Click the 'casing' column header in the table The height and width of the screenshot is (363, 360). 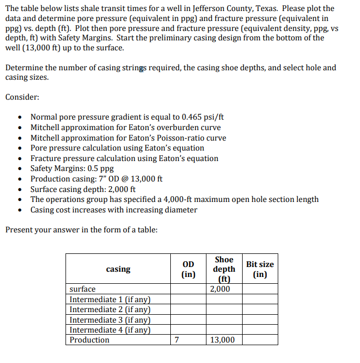tap(118, 269)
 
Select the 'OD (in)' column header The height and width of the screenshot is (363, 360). tap(188, 269)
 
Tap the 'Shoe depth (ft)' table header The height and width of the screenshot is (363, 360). tap(224, 269)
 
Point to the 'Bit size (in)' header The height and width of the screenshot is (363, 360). tap(260, 269)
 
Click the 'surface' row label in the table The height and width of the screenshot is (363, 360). tap(83, 290)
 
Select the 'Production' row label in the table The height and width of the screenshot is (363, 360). tap(90, 340)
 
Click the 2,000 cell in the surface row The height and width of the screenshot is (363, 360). tap(220, 290)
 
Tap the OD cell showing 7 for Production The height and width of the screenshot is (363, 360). tap(177, 340)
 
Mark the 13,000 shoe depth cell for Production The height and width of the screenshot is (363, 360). tap(222, 340)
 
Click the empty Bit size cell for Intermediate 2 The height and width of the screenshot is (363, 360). tap(260, 309)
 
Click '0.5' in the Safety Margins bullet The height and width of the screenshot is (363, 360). tap(92, 168)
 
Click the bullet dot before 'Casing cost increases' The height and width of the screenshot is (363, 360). tap(19, 210)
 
